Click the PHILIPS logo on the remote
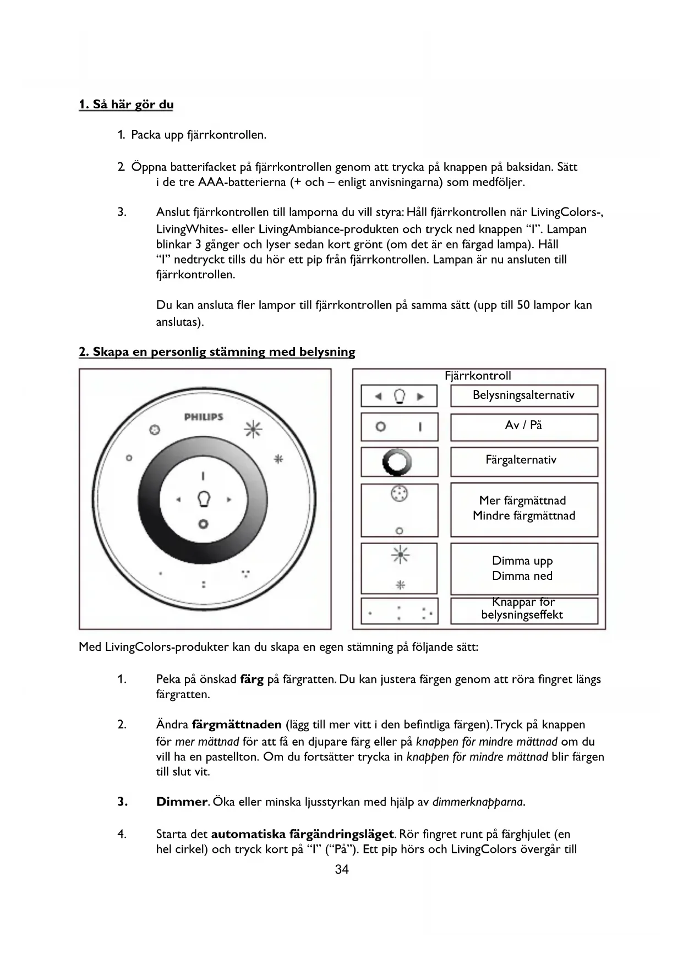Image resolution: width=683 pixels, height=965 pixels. click(x=204, y=417)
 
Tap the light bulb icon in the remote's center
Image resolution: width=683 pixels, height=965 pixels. click(x=204, y=499)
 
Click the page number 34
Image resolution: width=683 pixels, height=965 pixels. click(x=342, y=869)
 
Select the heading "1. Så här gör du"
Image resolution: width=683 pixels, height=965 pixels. click(x=126, y=105)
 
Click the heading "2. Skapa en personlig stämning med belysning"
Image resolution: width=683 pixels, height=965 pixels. click(x=217, y=352)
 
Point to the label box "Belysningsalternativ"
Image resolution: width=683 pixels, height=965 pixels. click(x=523, y=395)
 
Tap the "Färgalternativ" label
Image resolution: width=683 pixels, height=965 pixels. click(x=521, y=460)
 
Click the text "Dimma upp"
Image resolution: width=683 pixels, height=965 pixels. click(x=522, y=561)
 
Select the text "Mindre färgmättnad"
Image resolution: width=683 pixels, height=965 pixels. click(x=523, y=516)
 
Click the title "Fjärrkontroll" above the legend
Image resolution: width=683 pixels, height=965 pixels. click(x=478, y=376)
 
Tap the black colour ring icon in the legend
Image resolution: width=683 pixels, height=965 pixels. click(x=399, y=462)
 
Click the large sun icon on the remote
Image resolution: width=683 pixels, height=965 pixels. click(x=253, y=430)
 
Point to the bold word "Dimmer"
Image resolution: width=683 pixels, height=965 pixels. click(x=182, y=802)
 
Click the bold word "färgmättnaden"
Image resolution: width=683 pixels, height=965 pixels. click(x=237, y=725)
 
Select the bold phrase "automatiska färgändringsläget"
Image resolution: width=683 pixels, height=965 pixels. click(x=303, y=835)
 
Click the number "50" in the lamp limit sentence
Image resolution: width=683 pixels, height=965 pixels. click(x=523, y=305)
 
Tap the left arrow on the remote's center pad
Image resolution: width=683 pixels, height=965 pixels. click(x=178, y=500)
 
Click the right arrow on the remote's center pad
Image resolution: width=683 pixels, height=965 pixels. click(x=229, y=500)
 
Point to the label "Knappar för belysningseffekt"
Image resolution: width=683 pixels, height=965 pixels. click(x=522, y=608)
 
